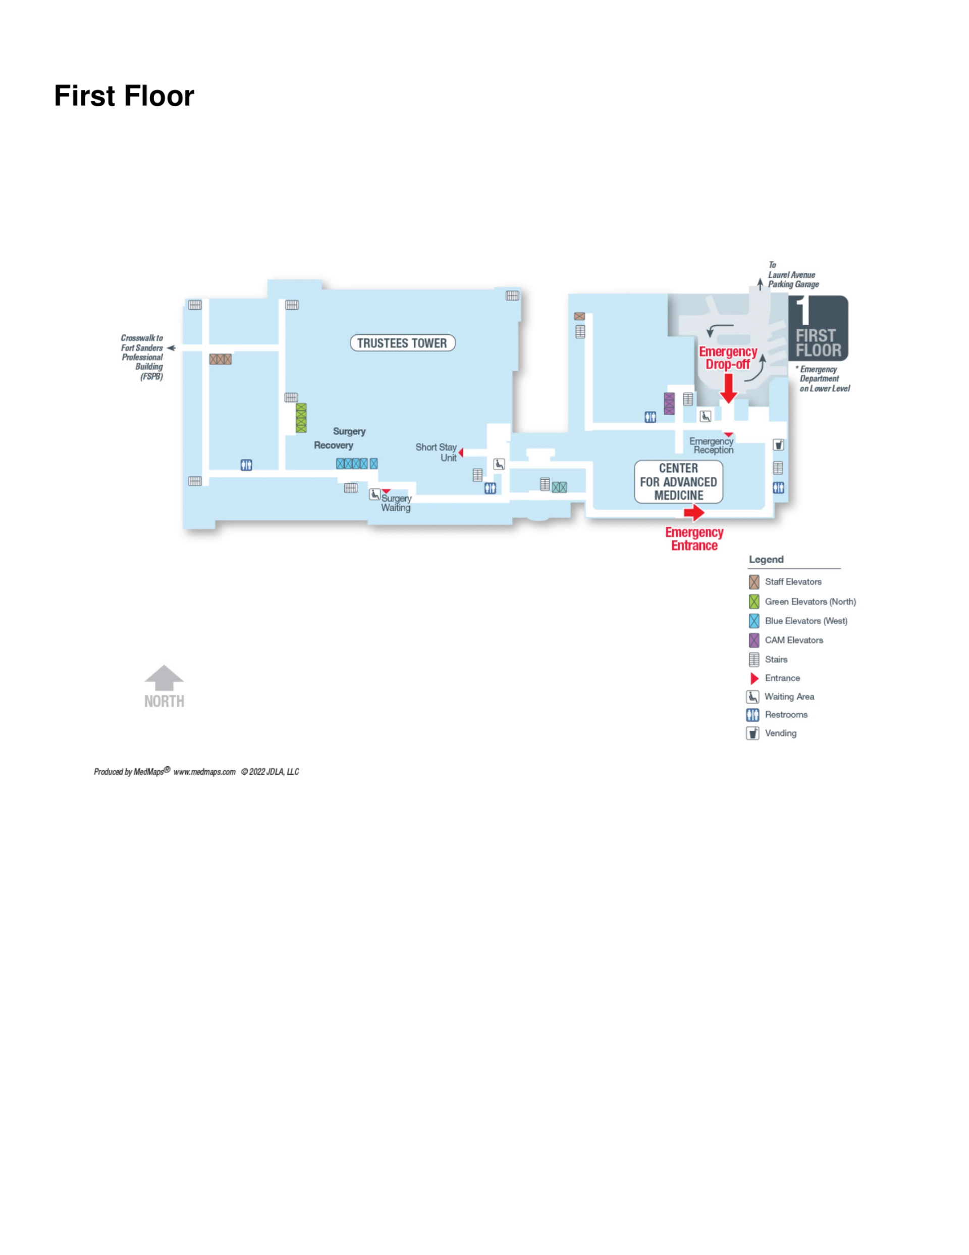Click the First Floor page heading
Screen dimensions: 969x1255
click(124, 95)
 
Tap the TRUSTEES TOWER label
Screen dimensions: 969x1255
click(402, 343)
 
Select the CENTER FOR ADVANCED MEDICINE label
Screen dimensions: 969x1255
click(678, 481)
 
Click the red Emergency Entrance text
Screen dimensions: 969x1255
click(694, 539)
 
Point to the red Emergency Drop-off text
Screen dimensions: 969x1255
click(728, 358)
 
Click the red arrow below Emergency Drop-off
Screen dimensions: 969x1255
click(728, 388)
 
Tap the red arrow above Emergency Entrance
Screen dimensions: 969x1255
click(694, 512)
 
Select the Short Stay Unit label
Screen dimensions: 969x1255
click(436, 452)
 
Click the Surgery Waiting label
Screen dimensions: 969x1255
click(396, 503)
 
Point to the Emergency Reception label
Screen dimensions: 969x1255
click(712, 445)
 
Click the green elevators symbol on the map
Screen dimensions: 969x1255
click(301, 418)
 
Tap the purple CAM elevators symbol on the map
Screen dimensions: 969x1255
click(669, 404)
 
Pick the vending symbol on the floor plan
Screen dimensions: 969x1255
click(778, 444)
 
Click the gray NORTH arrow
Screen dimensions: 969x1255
click(165, 678)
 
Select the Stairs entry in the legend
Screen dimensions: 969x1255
click(768, 659)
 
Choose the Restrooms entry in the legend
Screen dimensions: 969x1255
click(777, 715)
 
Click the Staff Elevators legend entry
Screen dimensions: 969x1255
click(785, 581)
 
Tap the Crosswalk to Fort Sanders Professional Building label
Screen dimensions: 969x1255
click(142, 357)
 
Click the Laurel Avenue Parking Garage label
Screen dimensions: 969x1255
click(793, 275)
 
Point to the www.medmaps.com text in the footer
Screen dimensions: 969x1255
click(204, 772)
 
